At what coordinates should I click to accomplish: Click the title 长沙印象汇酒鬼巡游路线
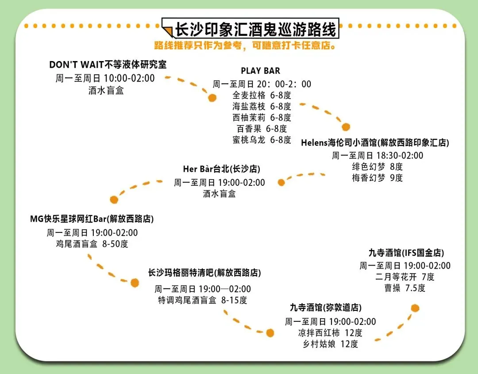click(256, 29)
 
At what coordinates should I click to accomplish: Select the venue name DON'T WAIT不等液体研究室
click(108, 65)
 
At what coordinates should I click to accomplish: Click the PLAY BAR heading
click(260, 71)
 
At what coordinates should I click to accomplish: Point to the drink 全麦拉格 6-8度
click(262, 95)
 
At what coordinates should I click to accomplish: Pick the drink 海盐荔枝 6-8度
click(262, 106)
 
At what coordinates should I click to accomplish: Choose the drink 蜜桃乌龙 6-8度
click(262, 140)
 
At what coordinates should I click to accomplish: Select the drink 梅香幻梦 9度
click(377, 178)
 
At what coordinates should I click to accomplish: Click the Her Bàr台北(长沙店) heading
click(222, 170)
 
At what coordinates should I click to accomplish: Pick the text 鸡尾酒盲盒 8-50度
click(92, 244)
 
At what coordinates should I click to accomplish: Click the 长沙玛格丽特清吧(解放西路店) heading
click(204, 273)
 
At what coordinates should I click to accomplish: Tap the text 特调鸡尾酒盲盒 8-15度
click(203, 300)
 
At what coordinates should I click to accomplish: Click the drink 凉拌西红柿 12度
click(330, 333)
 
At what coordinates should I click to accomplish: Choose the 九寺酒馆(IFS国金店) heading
click(406, 253)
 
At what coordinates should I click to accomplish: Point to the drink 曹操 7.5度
click(405, 288)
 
